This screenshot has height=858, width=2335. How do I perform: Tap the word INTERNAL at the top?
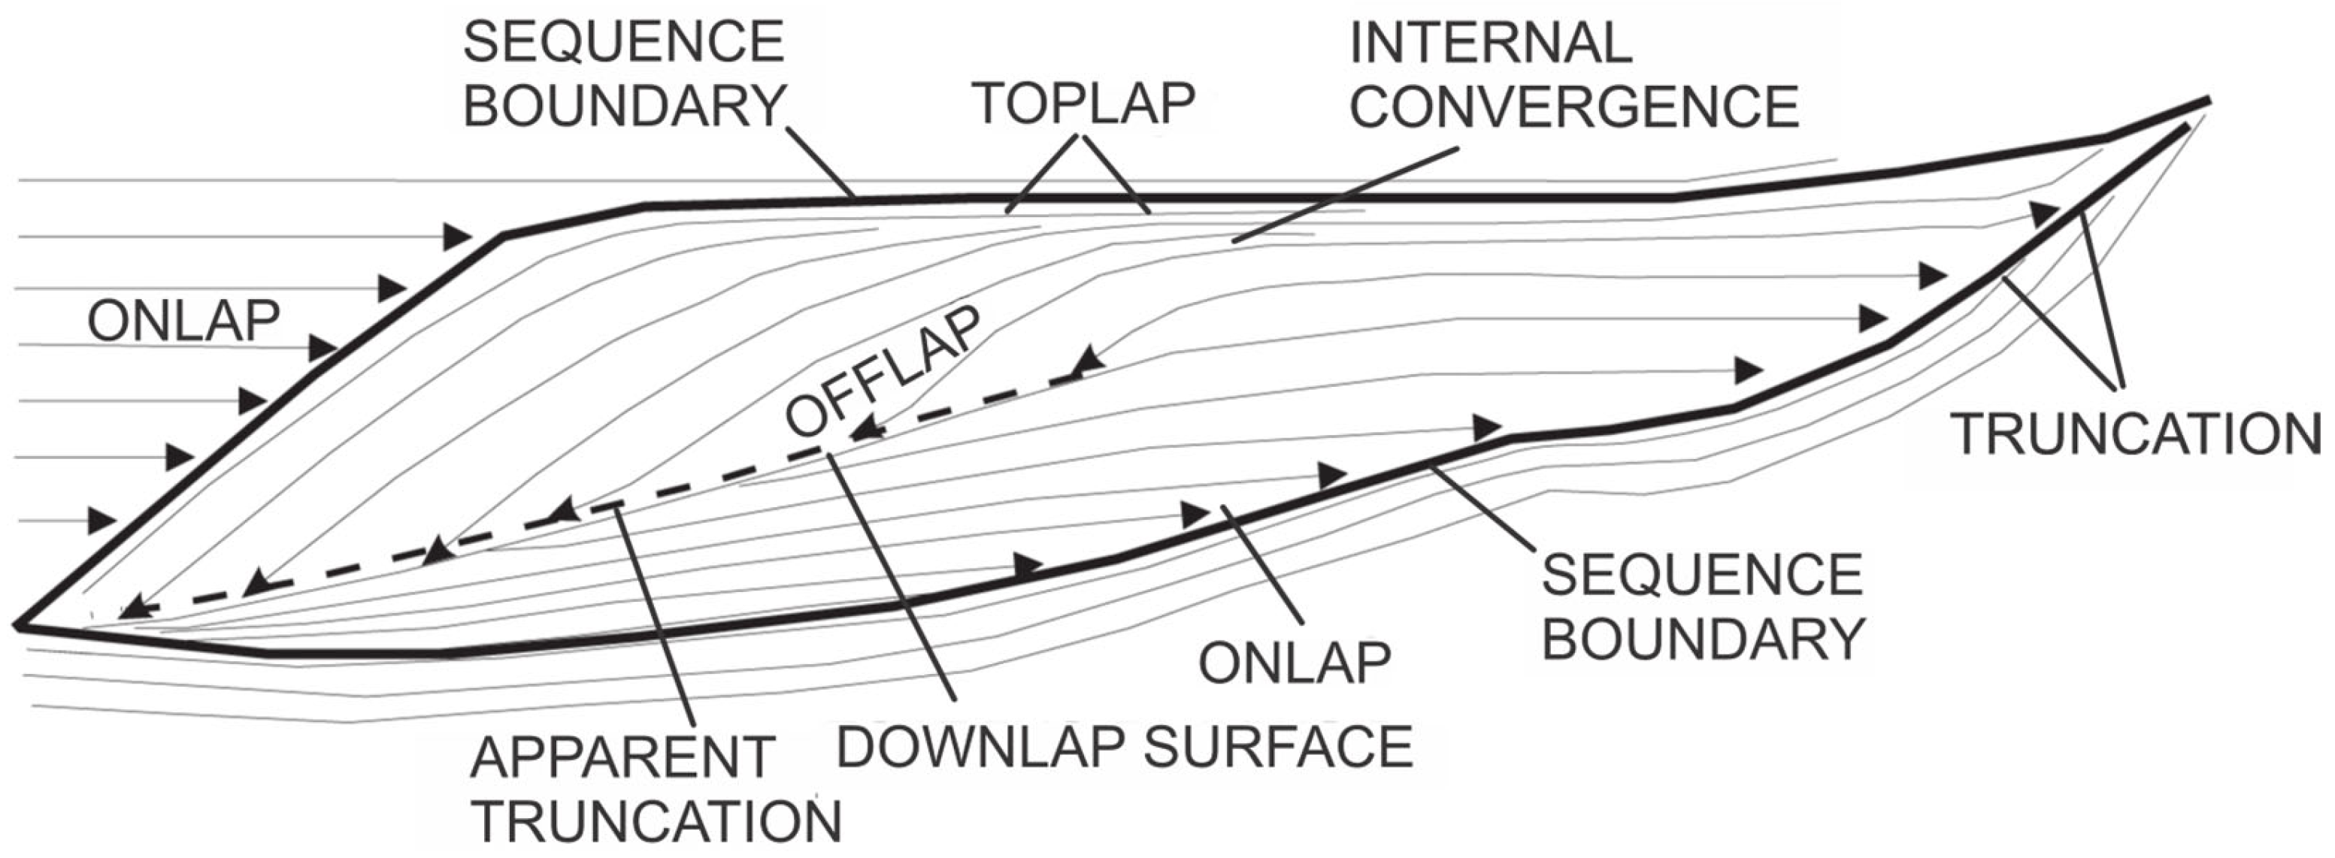tap(1490, 43)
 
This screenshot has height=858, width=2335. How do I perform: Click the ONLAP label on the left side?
tap(183, 321)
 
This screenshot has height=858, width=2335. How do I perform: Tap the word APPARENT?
tap(622, 757)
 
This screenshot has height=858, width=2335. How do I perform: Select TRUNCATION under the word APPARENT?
tap(657, 822)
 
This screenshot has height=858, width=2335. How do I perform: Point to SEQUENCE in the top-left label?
tap(624, 43)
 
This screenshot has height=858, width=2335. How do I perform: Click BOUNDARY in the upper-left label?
tap(624, 107)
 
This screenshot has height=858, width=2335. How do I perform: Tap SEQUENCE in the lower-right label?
tap(1701, 575)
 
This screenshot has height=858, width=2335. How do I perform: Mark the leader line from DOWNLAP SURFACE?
tap(893, 576)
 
